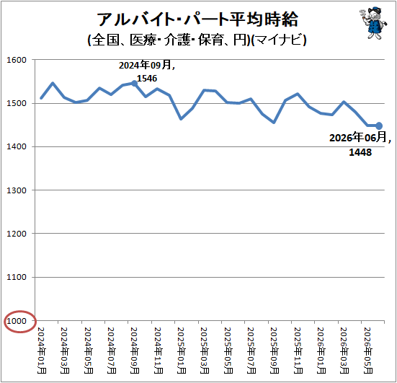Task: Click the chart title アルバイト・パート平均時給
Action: click(x=197, y=19)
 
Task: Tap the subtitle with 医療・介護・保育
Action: click(x=197, y=40)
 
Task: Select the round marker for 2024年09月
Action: click(x=135, y=84)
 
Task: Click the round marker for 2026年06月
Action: click(x=379, y=126)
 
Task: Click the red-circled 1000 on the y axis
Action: click(x=17, y=321)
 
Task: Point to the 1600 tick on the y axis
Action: click(x=17, y=60)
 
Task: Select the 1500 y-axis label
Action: click(x=17, y=103)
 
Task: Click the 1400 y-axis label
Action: click(x=17, y=146)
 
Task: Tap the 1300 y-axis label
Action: click(x=17, y=190)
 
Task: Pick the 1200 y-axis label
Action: click(x=17, y=234)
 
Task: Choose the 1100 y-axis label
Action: click(x=17, y=277)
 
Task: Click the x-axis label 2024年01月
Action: click(x=42, y=351)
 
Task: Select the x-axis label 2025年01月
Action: click(x=182, y=351)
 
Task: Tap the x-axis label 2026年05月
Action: click(x=368, y=351)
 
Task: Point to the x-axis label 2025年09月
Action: click(x=275, y=351)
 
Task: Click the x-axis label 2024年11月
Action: click(x=159, y=351)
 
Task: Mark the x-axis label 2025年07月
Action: click(x=251, y=351)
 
